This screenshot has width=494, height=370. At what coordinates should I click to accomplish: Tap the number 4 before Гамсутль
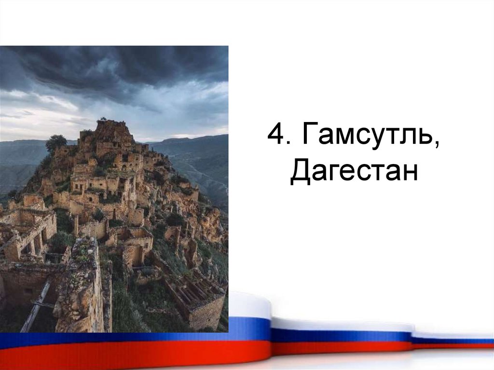pyautogui.click(x=276, y=138)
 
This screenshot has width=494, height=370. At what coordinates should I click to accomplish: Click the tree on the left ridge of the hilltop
pyautogui.click(x=56, y=142)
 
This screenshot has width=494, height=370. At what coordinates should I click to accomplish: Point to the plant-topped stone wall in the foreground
pyautogui.click(x=82, y=285)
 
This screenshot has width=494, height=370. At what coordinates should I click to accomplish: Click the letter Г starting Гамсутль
pyautogui.click(x=311, y=138)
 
